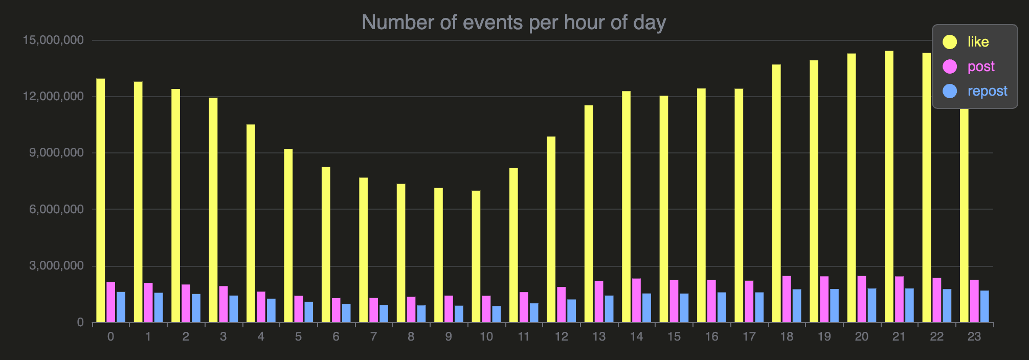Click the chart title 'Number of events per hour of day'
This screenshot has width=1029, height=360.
(513, 22)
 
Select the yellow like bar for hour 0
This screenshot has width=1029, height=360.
(101, 200)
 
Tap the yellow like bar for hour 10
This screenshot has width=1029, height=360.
(476, 257)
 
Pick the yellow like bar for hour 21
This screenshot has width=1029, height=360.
(889, 187)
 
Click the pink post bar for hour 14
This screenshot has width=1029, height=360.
(636, 301)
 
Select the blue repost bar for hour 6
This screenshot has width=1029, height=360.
(346, 313)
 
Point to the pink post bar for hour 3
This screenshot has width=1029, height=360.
(223, 304)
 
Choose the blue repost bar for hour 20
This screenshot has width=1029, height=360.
(872, 306)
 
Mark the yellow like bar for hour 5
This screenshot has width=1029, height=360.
(288, 236)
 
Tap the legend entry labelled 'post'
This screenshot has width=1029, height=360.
(981, 66)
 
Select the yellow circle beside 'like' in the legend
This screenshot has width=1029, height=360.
(950, 42)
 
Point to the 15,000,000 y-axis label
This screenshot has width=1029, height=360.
(53, 40)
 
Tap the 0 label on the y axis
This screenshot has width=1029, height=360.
(80, 323)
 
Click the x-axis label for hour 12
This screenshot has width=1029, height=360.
(561, 336)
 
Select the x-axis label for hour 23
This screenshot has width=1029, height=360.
(974, 336)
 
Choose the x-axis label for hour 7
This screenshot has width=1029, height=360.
(373, 336)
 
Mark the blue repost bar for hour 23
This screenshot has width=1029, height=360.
(985, 307)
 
